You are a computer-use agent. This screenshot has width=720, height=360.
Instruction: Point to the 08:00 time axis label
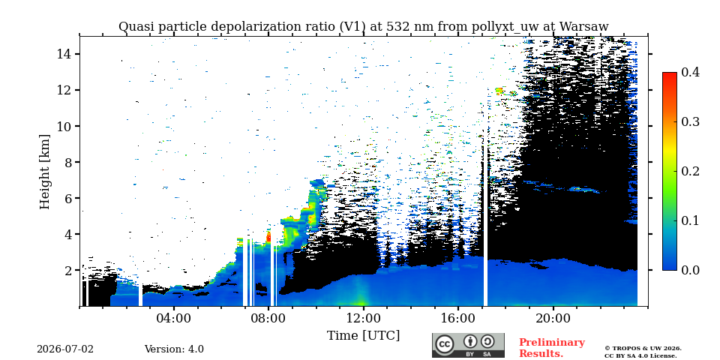coord(268,318)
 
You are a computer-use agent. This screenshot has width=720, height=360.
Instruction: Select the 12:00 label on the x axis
coord(364,318)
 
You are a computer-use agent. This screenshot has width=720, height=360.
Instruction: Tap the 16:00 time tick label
coord(458,318)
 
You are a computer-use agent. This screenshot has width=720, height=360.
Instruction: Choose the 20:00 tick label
coord(553,318)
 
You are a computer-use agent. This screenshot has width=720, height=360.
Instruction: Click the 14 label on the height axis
coord(63,54)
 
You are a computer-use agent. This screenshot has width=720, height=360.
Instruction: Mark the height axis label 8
coord(67,162)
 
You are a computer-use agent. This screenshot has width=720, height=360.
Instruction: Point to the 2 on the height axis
coord(67,270)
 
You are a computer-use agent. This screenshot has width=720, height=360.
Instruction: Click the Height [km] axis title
coord(44,172)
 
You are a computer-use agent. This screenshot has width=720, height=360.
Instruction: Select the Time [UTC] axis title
coord(363,336)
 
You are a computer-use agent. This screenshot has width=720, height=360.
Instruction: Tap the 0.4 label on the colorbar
coord(690,72)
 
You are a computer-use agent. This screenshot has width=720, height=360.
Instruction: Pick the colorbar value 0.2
coord(690,171)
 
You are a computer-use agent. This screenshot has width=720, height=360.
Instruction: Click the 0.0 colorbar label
coord(690,270)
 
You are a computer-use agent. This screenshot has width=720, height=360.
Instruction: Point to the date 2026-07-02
coord(64,349)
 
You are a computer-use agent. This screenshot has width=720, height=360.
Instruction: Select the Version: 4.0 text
coord(174,349)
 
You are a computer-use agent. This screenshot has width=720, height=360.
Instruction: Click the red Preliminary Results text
coord(551,348)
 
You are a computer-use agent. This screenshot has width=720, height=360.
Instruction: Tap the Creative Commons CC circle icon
coord(444,345)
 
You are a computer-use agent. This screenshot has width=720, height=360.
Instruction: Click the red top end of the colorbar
coord(670,73)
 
